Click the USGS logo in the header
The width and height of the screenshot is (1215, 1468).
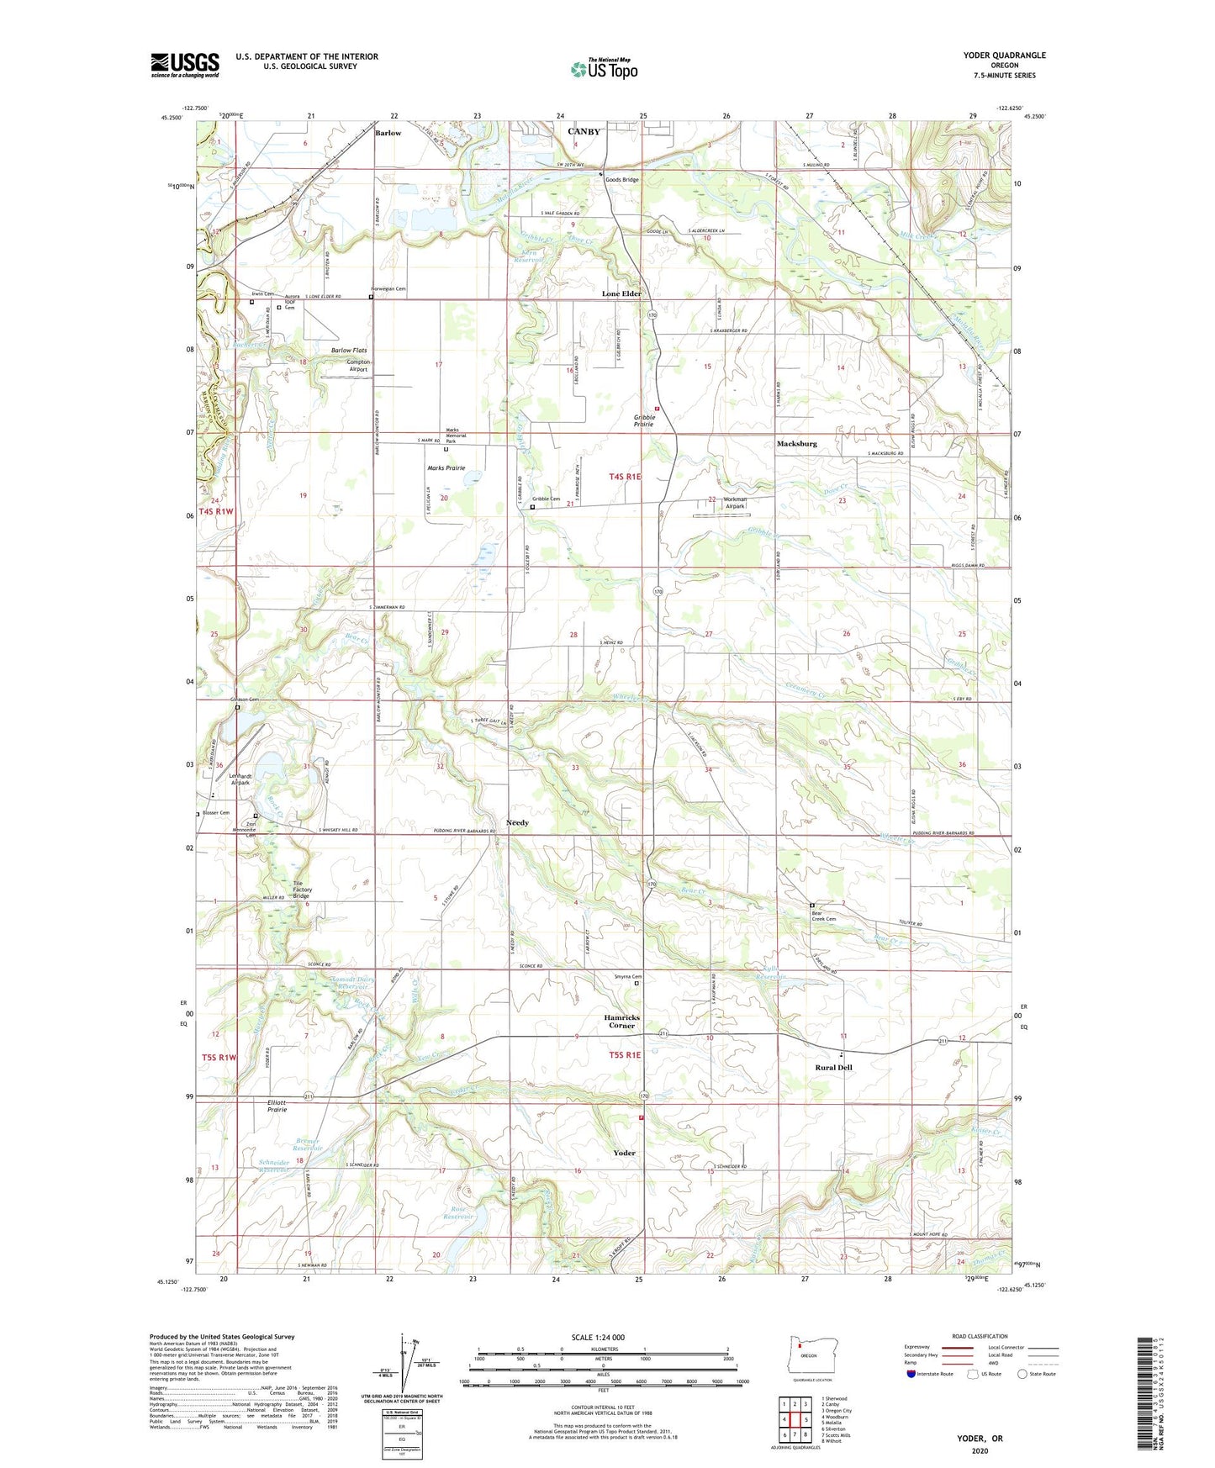coord(184,65)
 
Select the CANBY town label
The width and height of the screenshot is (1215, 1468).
coord(584,132)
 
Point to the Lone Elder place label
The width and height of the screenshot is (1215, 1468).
coord(621,293)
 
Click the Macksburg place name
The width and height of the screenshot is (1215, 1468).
coord(796,443)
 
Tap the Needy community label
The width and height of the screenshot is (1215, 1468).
coord(517,822)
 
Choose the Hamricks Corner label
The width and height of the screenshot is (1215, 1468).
coord(621,1021)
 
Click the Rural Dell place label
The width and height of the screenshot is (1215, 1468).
coord(833,1067)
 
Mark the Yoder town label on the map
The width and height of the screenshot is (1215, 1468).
coord(624,1153)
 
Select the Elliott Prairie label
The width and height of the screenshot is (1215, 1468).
coord(277,1106)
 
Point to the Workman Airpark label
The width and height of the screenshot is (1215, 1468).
coord(736,503)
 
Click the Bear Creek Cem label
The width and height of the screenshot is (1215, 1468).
coord(824,916)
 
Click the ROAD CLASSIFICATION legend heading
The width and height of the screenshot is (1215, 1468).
coord(979,1336)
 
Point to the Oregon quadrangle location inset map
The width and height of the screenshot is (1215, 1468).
coord(806,1357)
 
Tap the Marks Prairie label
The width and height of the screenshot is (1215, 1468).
coord(446,468)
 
